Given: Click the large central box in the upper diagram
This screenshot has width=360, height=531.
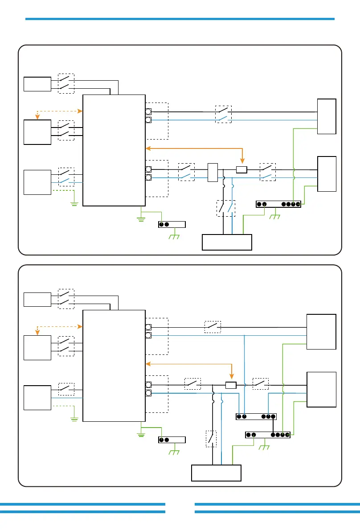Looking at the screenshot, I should (x=114, y=150).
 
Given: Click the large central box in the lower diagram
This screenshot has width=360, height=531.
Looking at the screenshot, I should (x=114, y=366).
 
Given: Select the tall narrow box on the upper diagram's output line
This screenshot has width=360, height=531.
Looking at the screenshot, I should (x=212, y=173).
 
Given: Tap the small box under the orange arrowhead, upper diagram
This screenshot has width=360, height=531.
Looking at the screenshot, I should (x=241, y=169).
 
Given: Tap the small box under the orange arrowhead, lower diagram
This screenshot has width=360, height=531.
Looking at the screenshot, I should (x=231, y=385).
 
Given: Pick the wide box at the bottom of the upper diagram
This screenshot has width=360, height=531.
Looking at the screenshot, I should (x=227, y=242).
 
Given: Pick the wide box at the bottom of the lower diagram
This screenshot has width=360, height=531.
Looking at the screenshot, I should (x=216, y=473).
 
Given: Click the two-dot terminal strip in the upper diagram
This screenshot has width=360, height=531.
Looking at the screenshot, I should (x=172, y=224).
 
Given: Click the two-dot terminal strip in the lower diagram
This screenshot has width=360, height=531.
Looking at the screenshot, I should (x=172, y=440).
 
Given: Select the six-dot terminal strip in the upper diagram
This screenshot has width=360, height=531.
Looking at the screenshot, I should (x=278, y=204).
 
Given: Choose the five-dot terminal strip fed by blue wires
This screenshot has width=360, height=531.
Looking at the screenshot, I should (x=256, y=416).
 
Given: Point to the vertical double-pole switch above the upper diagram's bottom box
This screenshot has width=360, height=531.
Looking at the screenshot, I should (x=225, y=209).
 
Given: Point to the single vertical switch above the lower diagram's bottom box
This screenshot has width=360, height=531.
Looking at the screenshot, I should (x=211, y=439).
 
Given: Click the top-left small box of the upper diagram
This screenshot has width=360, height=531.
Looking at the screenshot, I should (x=37, y=84).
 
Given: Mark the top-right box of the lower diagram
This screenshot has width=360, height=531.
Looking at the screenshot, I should (x=321, y=332).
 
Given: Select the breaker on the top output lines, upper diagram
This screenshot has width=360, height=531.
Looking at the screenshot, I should (x=224, y=114).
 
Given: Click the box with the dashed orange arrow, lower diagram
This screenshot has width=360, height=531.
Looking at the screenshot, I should (x=37, y=348).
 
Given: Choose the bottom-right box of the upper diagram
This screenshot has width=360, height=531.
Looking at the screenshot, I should (x=327, y=174).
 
